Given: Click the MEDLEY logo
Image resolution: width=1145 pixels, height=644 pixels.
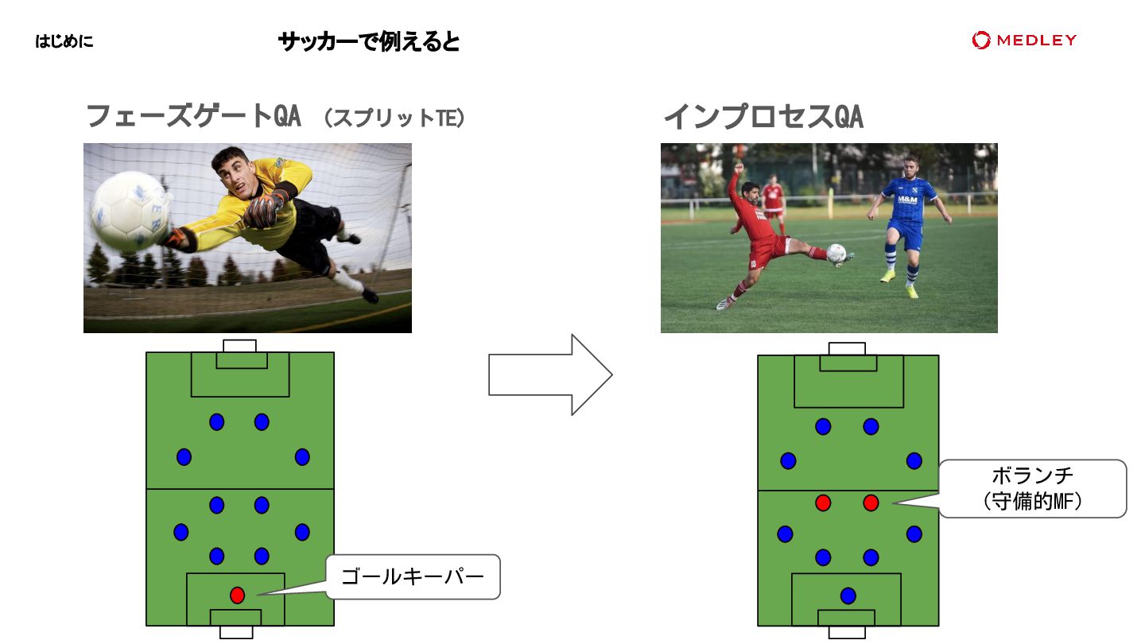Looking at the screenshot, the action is [1024, 40].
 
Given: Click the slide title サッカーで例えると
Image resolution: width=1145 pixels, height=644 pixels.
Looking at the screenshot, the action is [369, 41].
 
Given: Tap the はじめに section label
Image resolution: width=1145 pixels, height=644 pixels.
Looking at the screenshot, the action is [64, 41].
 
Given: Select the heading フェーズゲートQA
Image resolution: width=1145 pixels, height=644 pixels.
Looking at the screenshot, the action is [192, 117].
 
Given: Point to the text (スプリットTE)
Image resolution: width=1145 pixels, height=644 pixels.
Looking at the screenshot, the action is [394, 118].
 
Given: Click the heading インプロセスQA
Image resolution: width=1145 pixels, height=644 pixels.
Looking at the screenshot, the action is [763, 117].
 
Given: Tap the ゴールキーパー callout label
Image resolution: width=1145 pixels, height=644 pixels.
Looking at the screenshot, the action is [413, 576].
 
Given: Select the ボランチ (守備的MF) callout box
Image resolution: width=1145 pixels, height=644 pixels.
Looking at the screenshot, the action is [1032, 488].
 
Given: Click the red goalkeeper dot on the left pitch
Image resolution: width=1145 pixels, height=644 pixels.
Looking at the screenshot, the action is [237, 595].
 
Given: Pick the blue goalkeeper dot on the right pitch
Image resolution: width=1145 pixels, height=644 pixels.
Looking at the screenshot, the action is [848, 596].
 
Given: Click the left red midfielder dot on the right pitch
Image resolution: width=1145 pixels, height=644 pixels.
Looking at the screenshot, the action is [823, 502].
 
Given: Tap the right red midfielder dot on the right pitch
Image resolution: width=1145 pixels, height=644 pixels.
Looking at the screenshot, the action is [871, 502].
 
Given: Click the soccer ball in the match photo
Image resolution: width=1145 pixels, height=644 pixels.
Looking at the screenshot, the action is [836, 254].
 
